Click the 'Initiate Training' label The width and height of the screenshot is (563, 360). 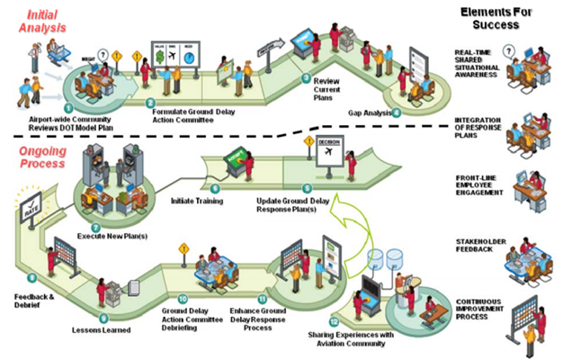(197, 200)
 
